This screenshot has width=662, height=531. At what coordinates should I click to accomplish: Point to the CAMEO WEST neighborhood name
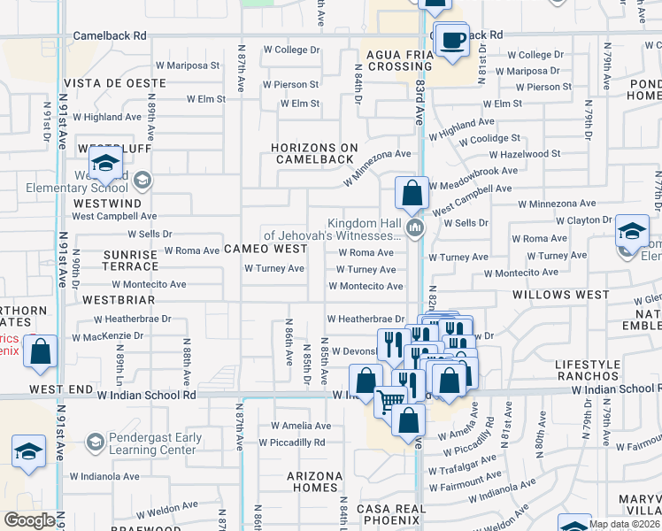[x=265, y=250]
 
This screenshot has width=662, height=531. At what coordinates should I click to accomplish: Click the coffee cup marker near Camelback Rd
[x=453, y=40]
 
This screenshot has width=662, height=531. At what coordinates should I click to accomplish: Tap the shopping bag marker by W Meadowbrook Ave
[x=412, y=192]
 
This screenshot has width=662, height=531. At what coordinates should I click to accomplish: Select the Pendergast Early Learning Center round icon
[x=95, y=441]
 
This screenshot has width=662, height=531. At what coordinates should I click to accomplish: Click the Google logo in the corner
[x=29, y=520]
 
